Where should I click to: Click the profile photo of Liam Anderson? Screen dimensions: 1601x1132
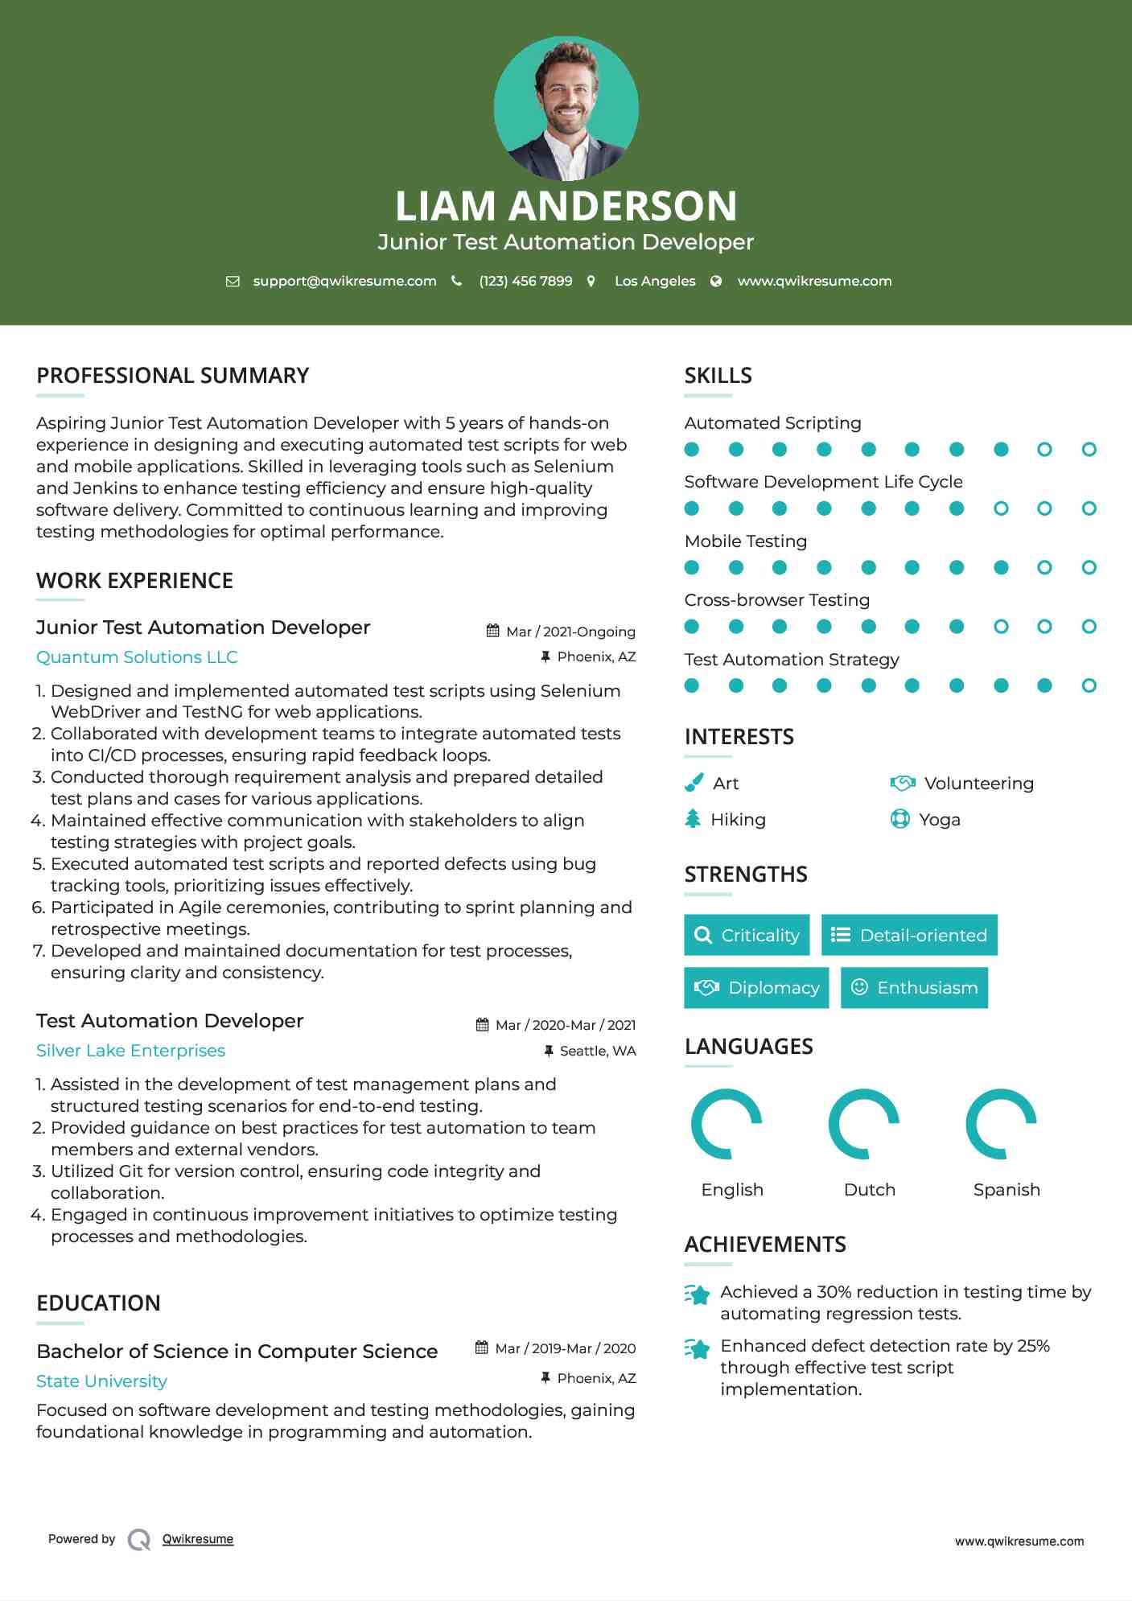pos(566,108)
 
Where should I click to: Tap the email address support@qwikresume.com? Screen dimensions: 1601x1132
pos(344,281)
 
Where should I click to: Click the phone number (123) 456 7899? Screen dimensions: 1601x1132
pos(525,281)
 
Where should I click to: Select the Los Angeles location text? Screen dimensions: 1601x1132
pos(654,281)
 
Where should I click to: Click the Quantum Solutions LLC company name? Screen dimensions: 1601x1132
pos(137,656)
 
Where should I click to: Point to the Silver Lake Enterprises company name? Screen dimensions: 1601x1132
pos(130,1050)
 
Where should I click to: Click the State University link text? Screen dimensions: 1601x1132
pos(101,1381)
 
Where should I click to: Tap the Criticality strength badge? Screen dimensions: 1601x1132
pos(747,935)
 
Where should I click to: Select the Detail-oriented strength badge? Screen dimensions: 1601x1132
pos(909,935)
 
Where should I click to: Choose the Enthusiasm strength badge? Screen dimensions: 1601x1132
pos(914,987)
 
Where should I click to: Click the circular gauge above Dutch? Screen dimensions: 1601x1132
pos(864,1123)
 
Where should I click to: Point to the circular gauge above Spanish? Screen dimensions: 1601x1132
pos(1001,1123)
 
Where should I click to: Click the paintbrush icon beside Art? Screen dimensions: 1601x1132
pos(693,783)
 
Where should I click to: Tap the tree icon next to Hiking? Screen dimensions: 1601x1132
pos(693,819)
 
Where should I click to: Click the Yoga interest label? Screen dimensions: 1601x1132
pos(939,819)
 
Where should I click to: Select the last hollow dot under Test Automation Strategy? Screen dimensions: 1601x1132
pos(1089,685)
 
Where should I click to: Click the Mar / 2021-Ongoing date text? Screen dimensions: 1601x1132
pos(570,632)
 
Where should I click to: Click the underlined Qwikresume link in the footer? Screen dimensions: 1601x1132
pos(198,1538)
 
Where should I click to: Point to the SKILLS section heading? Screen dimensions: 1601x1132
pos(718,375)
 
